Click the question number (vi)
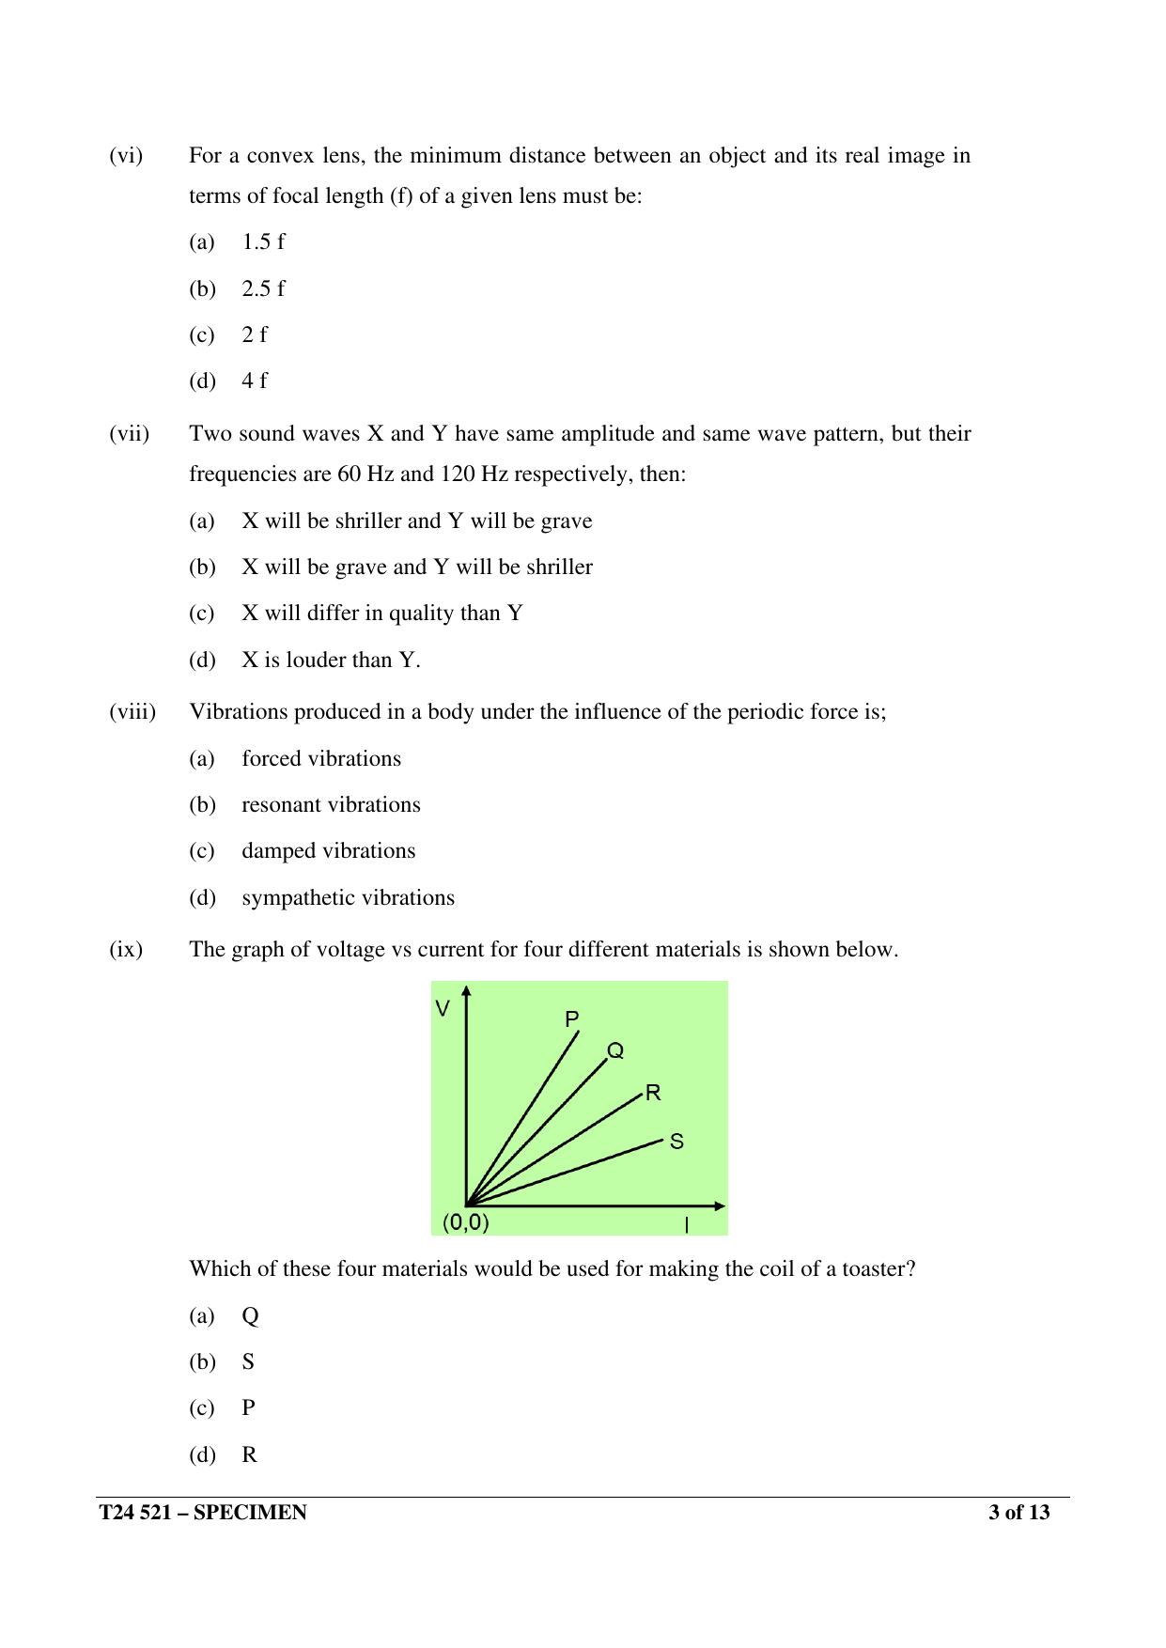126,156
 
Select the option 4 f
254,381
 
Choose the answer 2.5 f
262,288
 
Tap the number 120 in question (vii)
457,474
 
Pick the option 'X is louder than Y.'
331,660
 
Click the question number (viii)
132,711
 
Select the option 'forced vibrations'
320,758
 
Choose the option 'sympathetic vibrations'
348,897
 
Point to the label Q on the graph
615,1050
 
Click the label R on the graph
653,1093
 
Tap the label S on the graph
676,1142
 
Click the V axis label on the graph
443,1009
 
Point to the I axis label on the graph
686,1225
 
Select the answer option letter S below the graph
248,1361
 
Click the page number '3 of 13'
1018,1513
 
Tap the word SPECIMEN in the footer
250,1513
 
